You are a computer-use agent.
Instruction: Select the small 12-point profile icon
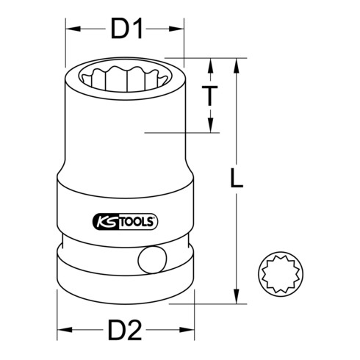point(277,278)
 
